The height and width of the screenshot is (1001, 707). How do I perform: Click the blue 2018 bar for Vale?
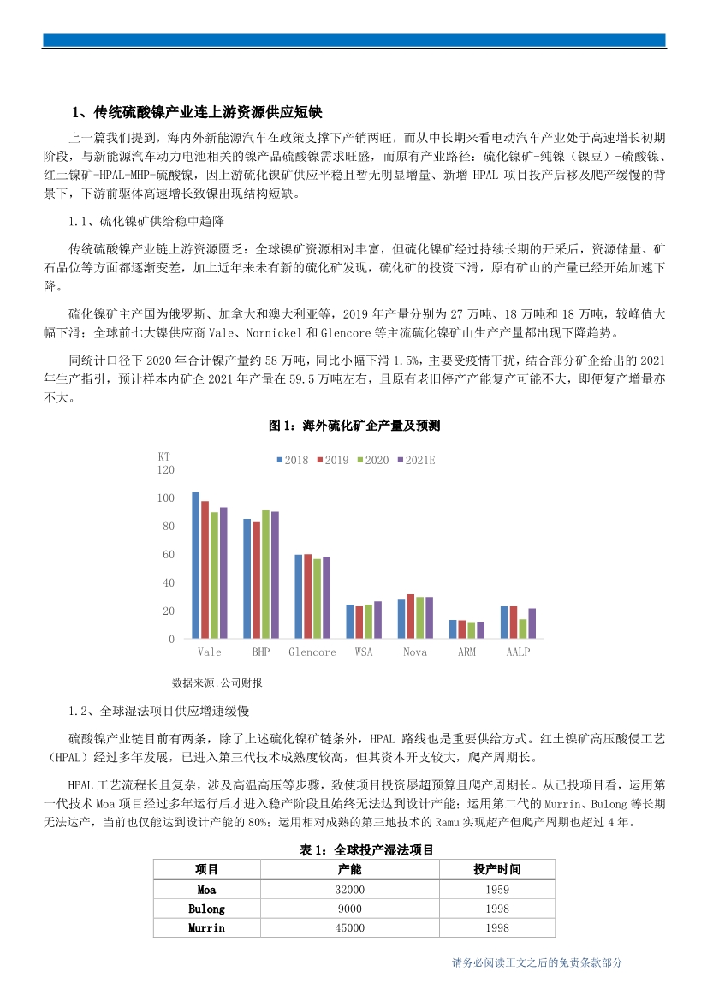pyautogui.click(x=196, y=565)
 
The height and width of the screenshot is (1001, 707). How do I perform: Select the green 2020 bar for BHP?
pyautogui.click(x=265, y=575)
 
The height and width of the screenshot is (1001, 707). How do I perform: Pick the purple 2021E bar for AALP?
pyautogui.click(x=532, y=623)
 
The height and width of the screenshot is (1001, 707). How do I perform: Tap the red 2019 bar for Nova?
pyautogui.click(x=411, y=617)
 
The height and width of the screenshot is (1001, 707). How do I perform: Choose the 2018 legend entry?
pyautogui.click(x=292, y=461)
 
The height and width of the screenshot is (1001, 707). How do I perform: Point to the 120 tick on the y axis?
pyautogui.click(x=166, y=470)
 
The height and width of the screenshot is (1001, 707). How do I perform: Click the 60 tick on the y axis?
pyautogui.click(x=169, y=555)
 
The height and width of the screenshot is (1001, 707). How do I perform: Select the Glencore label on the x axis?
pyautogui.click(x=312, y=652)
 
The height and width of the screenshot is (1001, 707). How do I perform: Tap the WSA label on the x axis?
pyautogui.click(x=364, y=652)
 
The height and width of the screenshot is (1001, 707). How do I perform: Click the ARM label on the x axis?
pyautogui.click(x=466, y=652)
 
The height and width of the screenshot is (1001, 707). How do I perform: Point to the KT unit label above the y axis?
pyautogui.click(x=164, y=456)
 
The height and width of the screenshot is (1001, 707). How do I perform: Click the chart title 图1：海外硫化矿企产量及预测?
pyautogui.click(x=353, y=426)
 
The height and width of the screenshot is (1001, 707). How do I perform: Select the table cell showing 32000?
pyautogui.click(x=350, y=890)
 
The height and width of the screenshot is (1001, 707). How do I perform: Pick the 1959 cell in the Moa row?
pyautogui.click(x=496, y=890)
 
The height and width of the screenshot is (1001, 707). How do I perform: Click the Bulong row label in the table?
pyautogui.click(x=206, y=909)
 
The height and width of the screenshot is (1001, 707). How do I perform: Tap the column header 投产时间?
pyautogui.click(x=496, y=869)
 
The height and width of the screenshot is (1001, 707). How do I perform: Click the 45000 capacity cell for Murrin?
pyautogui.click(x=350, y=927)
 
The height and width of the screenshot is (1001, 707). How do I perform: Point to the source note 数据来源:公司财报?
pyautogui.click(x=217, y=682)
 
